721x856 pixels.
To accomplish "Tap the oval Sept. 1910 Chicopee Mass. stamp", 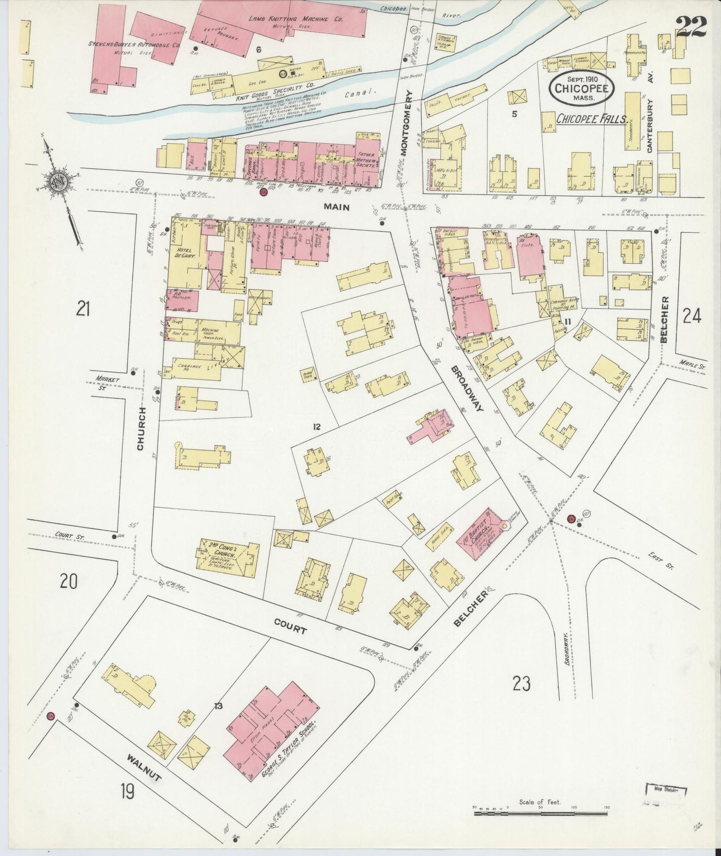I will tap(579, 89).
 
